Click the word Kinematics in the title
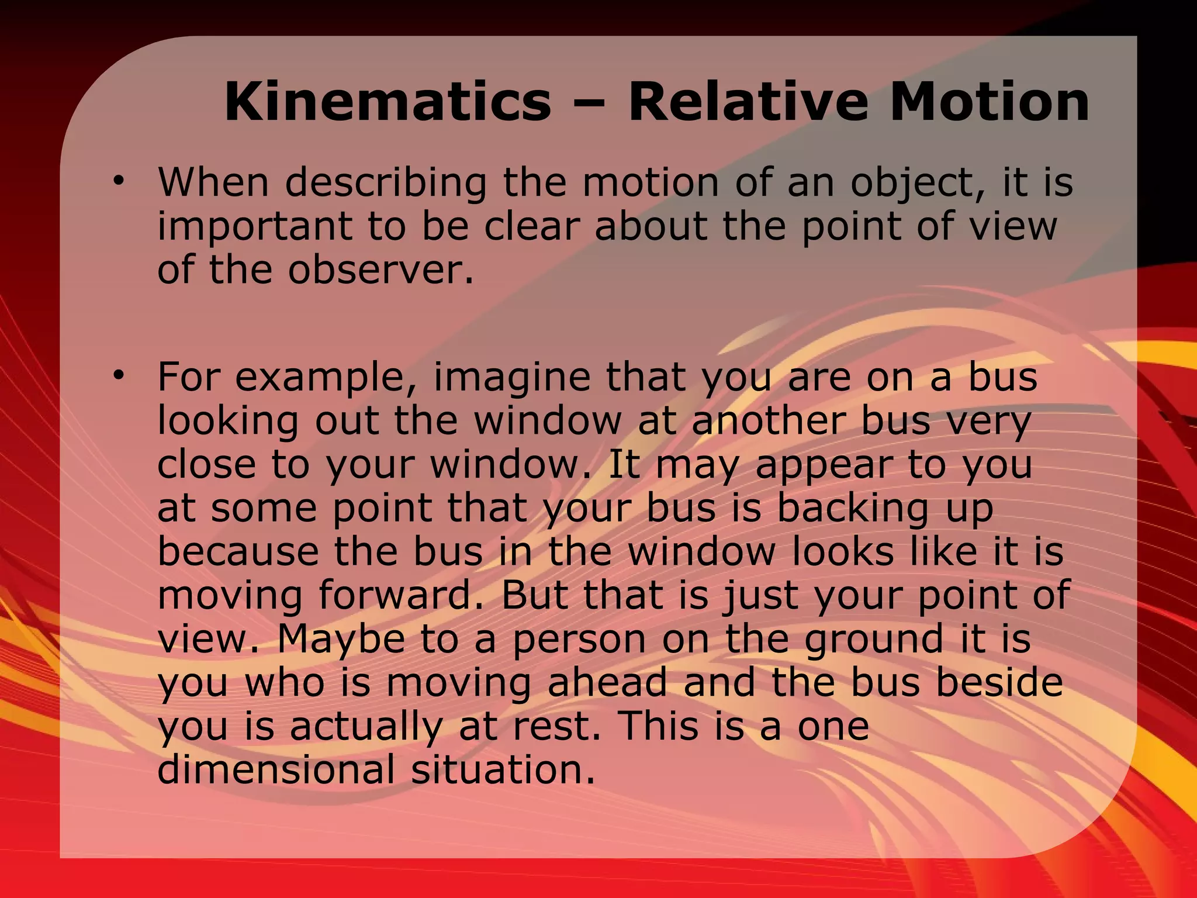(x=388, y=102)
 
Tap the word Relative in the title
(x=749, y=102)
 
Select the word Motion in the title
(x=990, y=102)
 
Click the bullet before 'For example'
(x=120, y=375)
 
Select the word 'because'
(x=238, y=552)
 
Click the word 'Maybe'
(x=341, y=640)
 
